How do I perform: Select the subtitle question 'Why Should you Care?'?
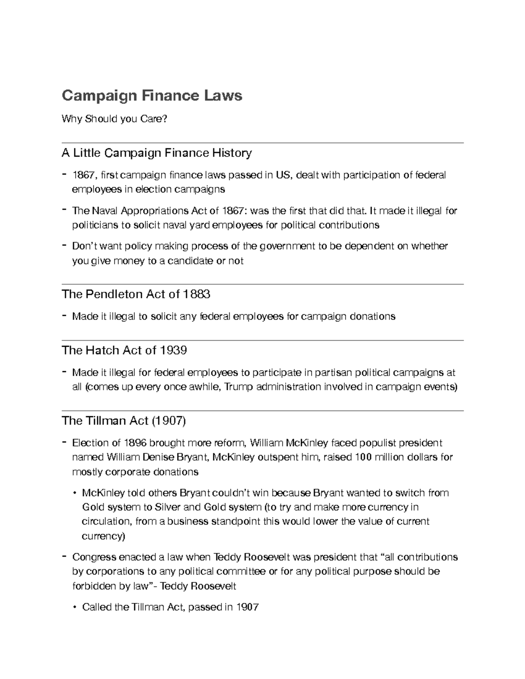point(114,118)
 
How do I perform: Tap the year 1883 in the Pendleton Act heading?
point(197,294)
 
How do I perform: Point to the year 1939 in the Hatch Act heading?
point(173,350)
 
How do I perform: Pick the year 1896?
point(135,443)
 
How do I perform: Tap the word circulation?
point(106,522)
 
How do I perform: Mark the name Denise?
point(158,457)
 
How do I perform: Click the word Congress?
point(94,557)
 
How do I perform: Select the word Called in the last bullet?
point(97,607)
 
